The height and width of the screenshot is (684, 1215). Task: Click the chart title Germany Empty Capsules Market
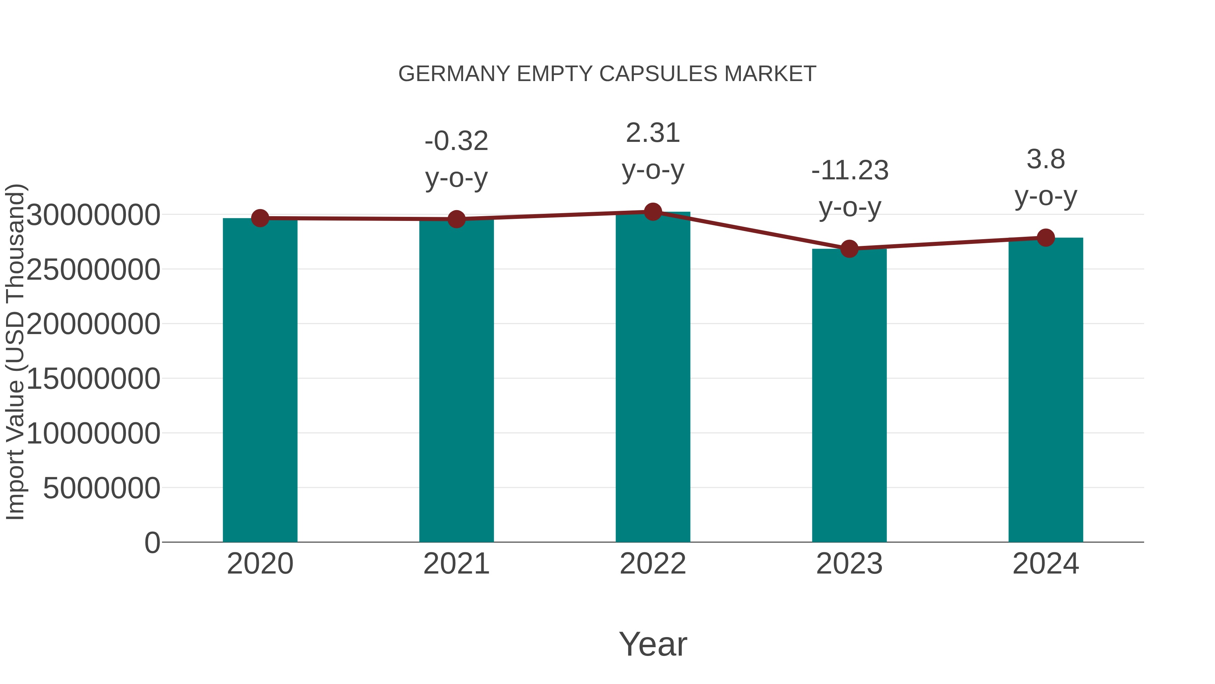pyautogui.click(x=607, y=74)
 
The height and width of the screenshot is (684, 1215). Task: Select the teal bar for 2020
pyautogui.click(x=260, y=380)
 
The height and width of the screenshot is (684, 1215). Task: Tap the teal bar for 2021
pyautogui.click(x=456, y=380)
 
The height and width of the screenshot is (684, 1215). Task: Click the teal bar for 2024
pyautogui.click(x=1046, y=390)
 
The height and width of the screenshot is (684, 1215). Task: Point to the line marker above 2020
pyautogui.click(x=260, y=218)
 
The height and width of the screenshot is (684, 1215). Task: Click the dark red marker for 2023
pyautogui.click(x=849, y=248)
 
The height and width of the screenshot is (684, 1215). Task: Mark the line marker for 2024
pyautogui.click(x=1046, y=237)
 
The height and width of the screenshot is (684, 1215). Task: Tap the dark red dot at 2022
pyautogui.click(x=653, y=212)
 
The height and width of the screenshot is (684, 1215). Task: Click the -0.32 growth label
pyautogui.click(x=456, y=141)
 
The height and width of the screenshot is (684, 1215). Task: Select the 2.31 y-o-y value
pyautogui.click(x=653, y=133)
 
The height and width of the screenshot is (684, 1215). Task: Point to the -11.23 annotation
pyautogui.click(x=849, y=171)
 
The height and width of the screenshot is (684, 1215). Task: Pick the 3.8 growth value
pyautogui.click(x=1046, y=159)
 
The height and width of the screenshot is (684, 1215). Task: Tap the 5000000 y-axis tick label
pyautogui.click(x=101, y=488)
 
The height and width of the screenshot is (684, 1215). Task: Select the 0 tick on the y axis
pyautogui.click(x=152, y=542)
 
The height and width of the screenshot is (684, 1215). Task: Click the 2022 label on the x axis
pyautogui.click(x=653, y=564)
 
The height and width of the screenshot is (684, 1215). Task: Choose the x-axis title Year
pyautogui.click(x=653, y=644)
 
